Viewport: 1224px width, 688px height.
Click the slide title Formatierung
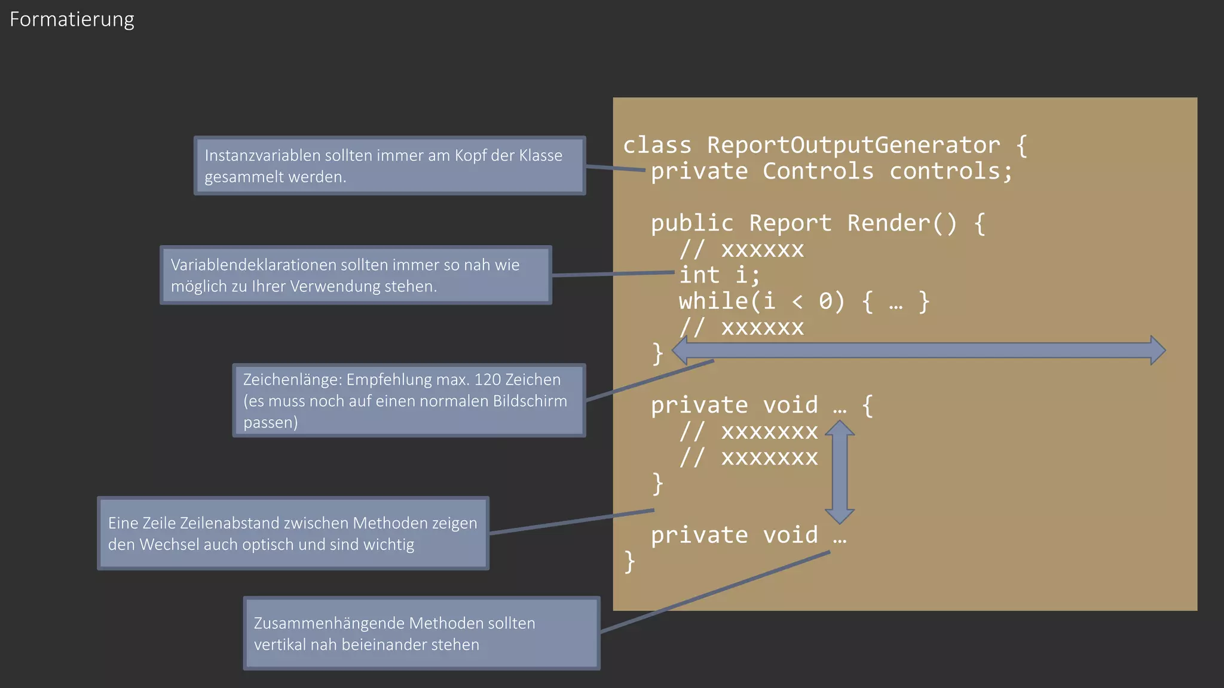[x=72, y=20]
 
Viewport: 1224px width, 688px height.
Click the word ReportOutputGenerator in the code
[x=853, y=145]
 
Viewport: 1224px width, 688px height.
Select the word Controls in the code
[x=818, y=171]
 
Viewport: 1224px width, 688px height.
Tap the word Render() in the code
[x=902, y=223]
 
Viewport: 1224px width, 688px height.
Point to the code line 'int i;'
[x=720, y=275]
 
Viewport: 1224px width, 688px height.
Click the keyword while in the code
[x=714, y=301]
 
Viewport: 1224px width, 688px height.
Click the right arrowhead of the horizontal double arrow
[x=1157, y=351]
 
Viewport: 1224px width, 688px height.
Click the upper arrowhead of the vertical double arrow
[x=840, y=429]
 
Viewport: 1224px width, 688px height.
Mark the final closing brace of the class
[x=629, y=562]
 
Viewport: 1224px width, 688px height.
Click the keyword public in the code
[x=692, y=223]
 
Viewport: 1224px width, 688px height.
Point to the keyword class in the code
[x=657, y=145]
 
